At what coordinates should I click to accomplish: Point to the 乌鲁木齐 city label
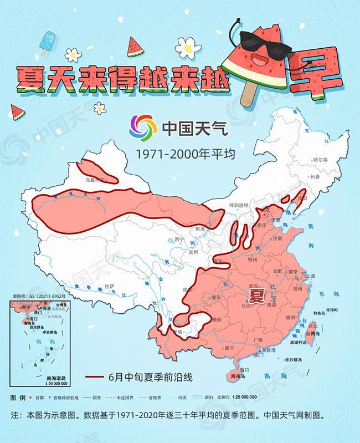pyautogui.click(x=94, y=180)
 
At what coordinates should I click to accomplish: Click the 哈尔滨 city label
pyautogui.click(x=321, y=159)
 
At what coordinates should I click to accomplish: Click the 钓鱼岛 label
pyautogui.click(x=323, y=314)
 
